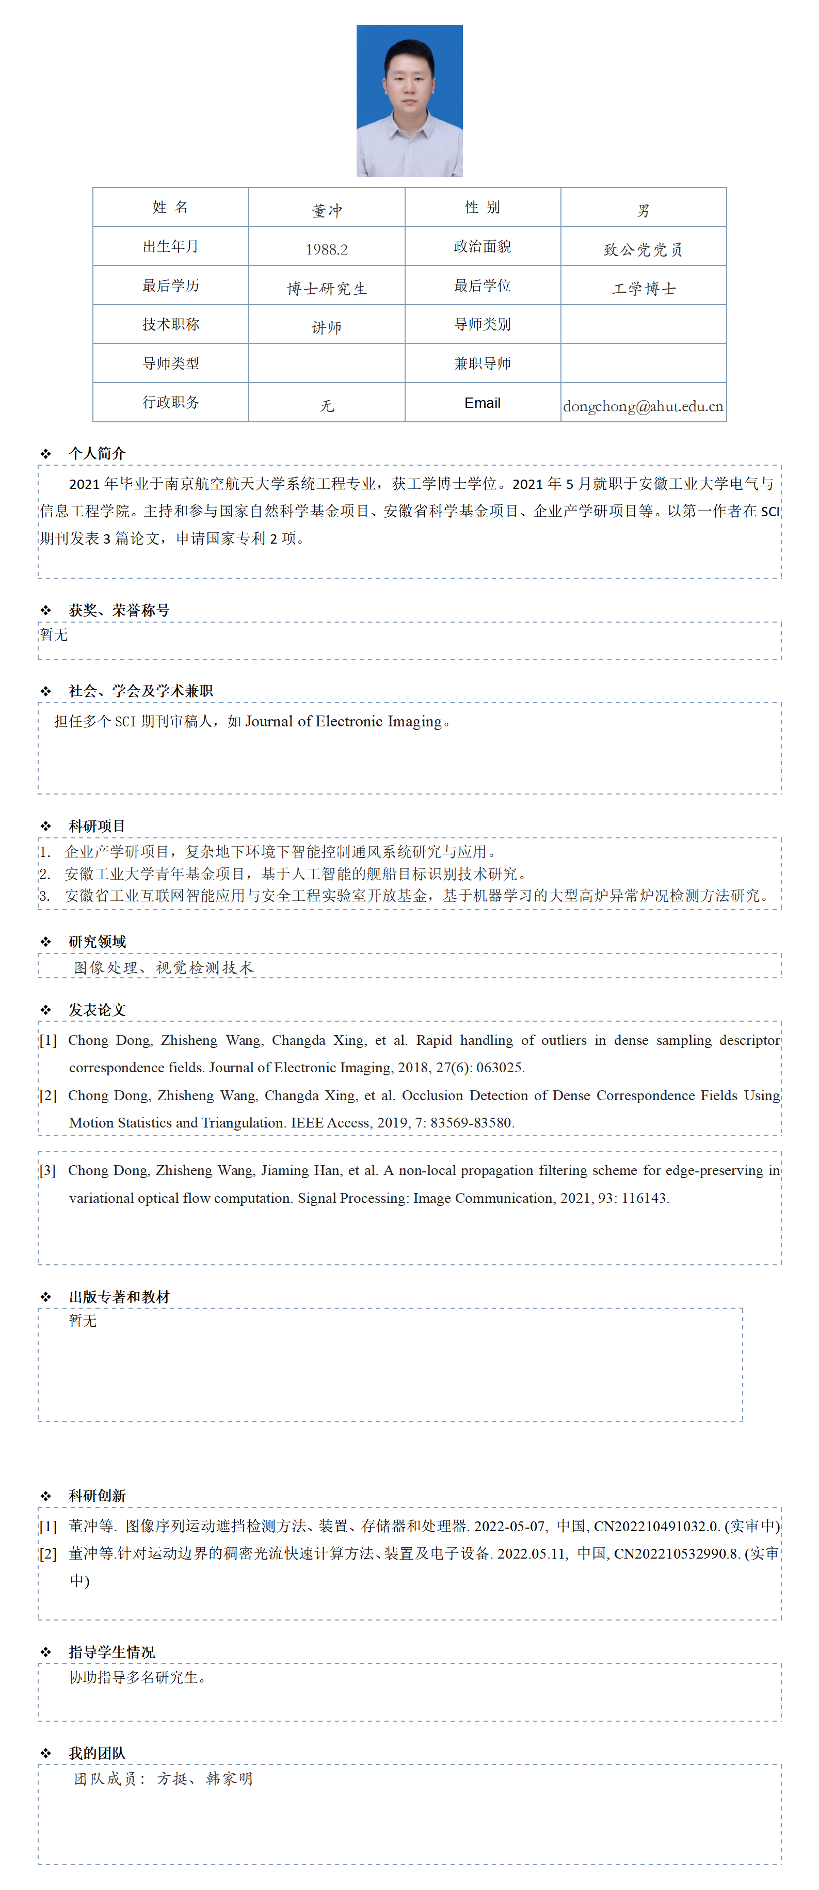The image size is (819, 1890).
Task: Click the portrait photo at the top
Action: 409,101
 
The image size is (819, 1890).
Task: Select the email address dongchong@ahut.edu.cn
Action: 643,406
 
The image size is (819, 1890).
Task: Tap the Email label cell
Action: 483,403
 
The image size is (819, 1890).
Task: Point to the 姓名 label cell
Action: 170,208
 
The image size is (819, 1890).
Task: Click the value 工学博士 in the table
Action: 643,289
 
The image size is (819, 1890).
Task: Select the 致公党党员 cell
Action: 643,249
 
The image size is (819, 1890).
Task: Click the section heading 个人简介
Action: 97,453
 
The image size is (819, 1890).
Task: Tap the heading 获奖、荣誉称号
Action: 119,610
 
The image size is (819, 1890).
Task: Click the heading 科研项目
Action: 97,826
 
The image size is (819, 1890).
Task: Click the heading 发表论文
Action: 97,1010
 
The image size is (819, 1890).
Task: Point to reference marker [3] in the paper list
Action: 47,1170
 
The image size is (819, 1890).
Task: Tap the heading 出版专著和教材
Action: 119,1296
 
